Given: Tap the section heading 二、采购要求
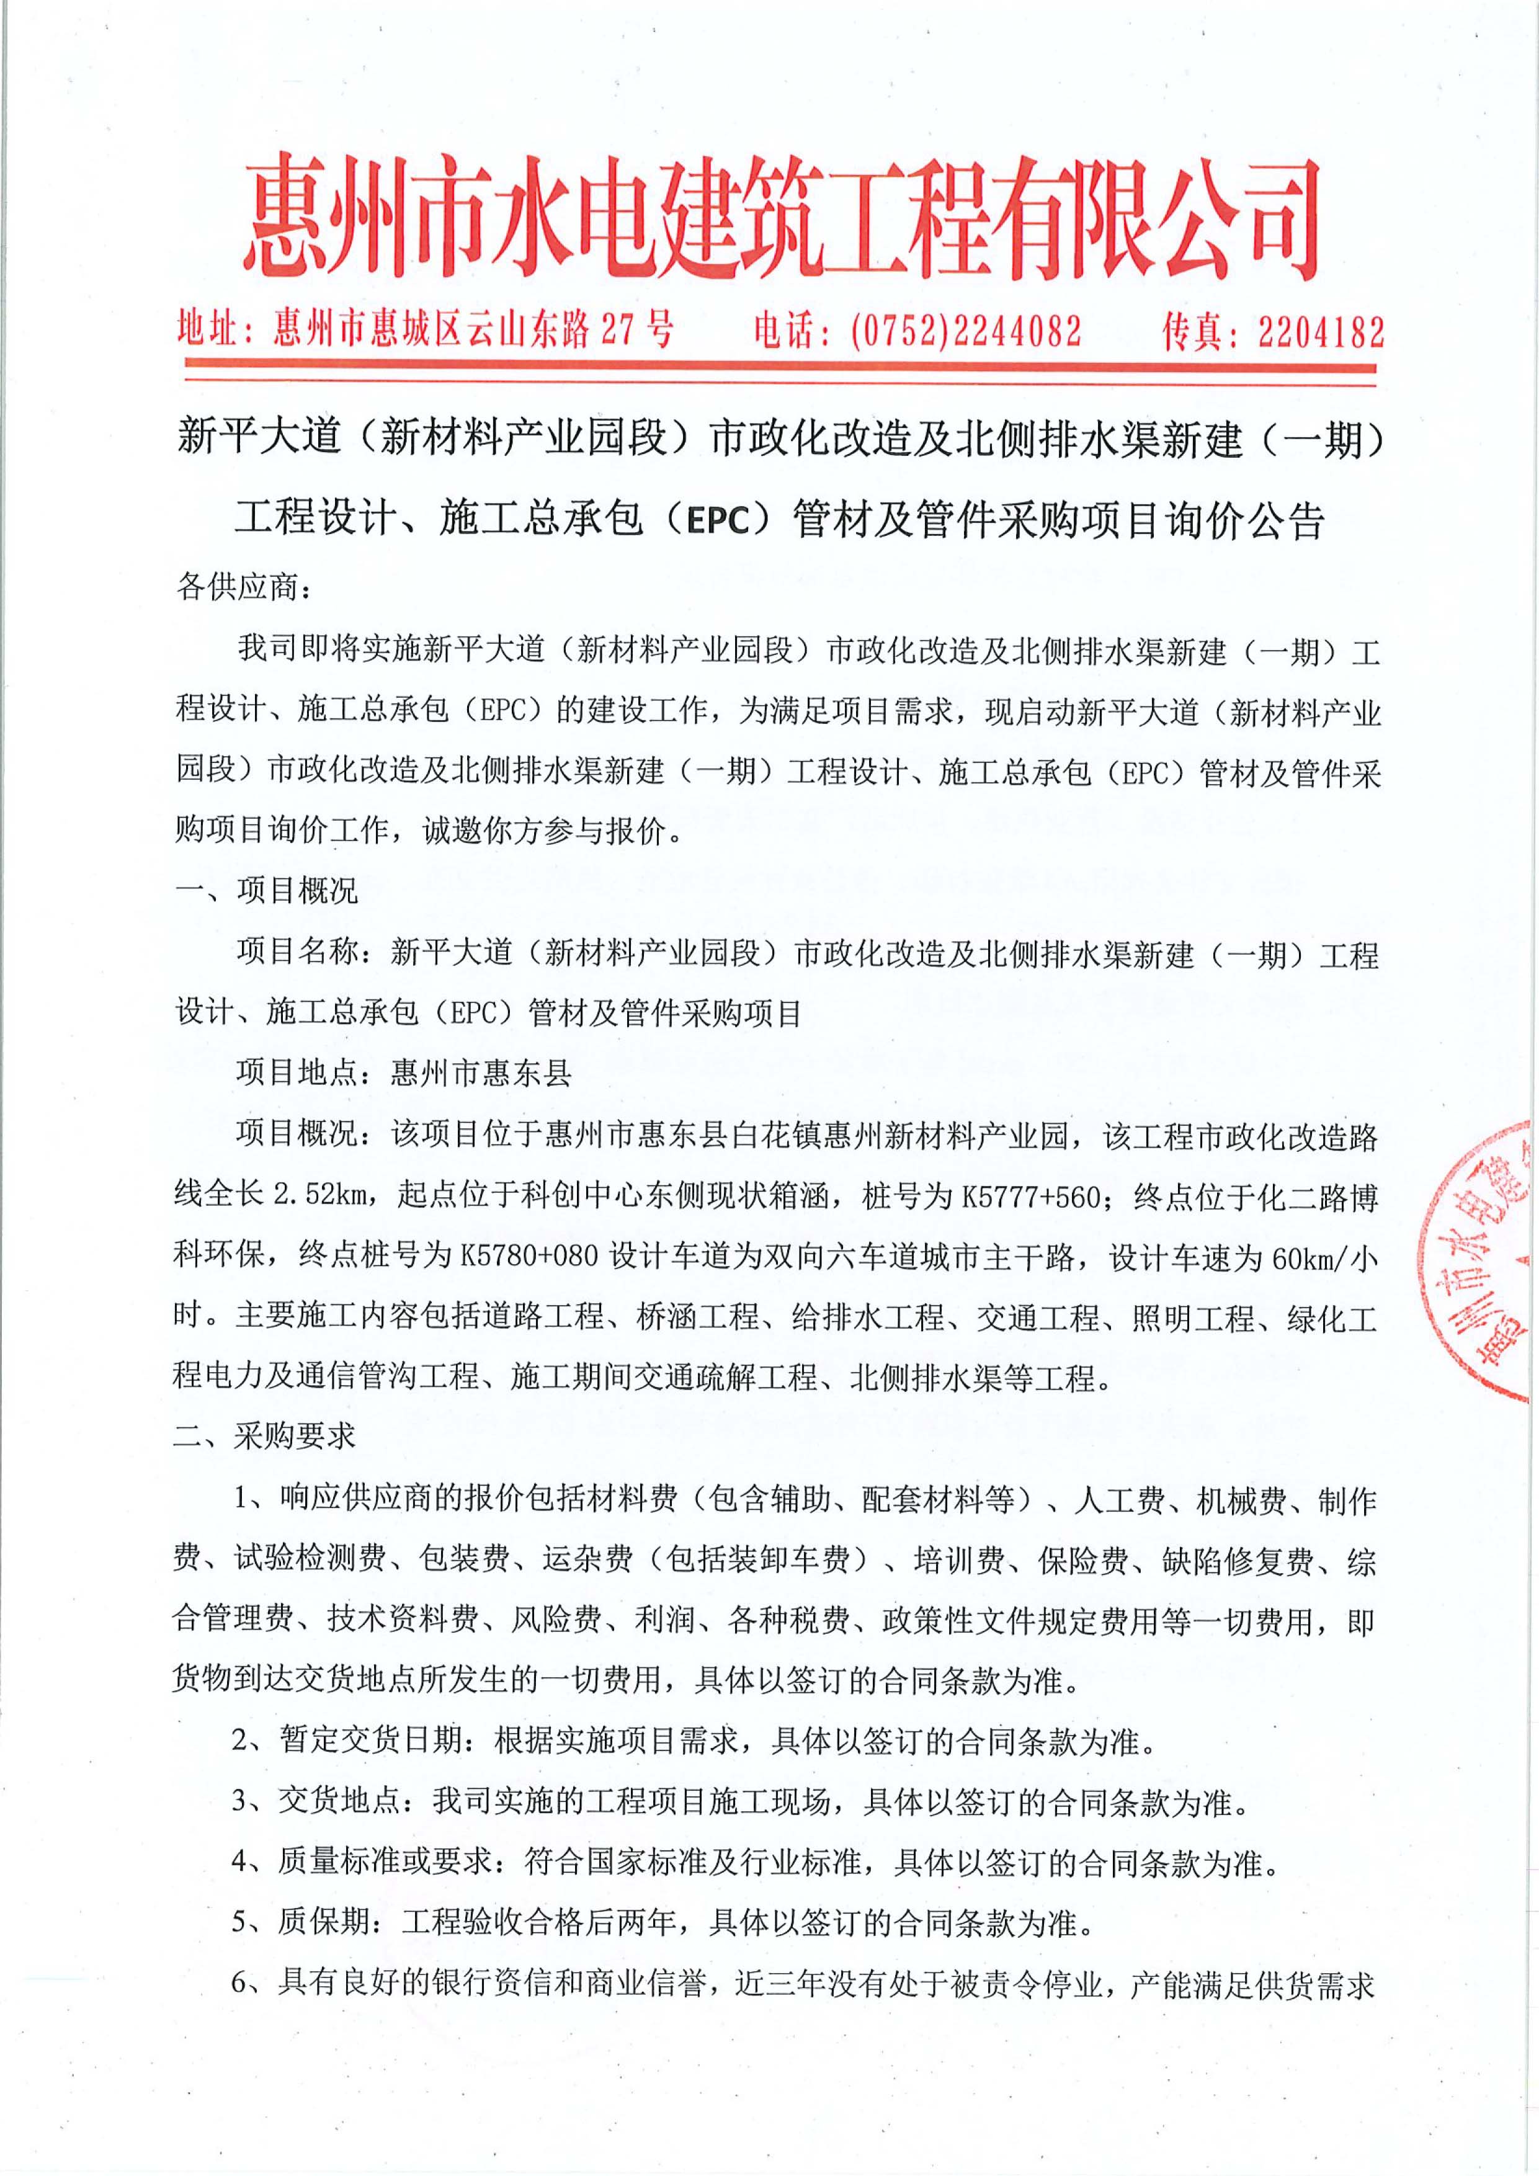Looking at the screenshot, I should (265, 1436).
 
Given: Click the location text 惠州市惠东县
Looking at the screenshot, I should (481, 1073).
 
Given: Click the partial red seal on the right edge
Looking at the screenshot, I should (1483, 1260).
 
